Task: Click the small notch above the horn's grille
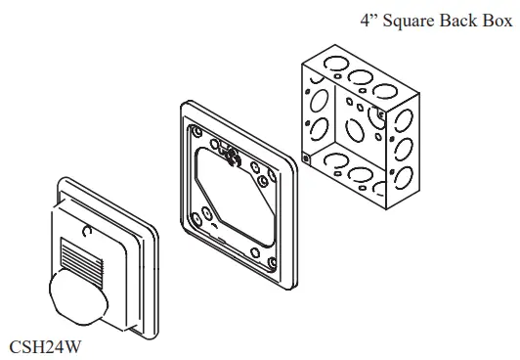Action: [90, 232]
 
